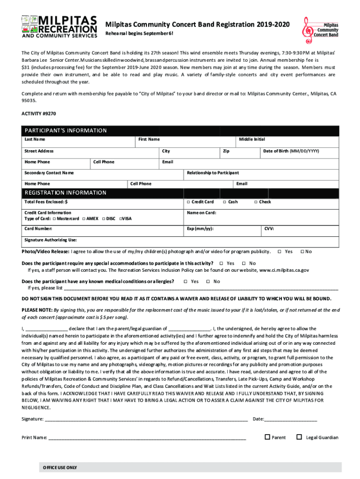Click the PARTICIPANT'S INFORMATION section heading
tap(65, 131)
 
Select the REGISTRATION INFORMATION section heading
tap(65, 193)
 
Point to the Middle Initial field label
tap(252, 139)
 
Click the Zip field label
tap(226, 151)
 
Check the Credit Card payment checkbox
tap(187, 202)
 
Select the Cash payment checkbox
tap(224, 202)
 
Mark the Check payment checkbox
tap(255, 202)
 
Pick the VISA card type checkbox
tap(121, 218)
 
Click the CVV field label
tap(269, 229)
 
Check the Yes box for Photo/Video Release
tap(279, 252)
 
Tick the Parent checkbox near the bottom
tap(267, 437)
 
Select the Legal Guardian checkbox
tap(299, 437)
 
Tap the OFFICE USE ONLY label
tap(60, 468)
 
